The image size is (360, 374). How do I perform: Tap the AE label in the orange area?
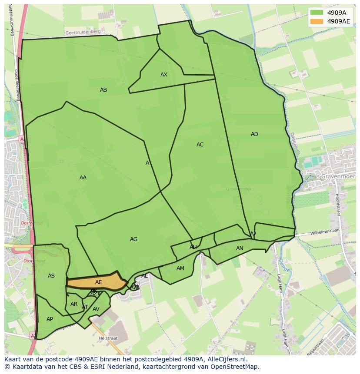[99, 282]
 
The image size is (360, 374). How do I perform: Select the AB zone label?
[103, 90]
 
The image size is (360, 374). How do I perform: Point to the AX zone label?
[164, 75]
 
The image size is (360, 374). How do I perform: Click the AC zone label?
[200, 145]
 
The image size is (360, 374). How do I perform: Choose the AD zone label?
[254, 134]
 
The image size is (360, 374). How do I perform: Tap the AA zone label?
[83, 178]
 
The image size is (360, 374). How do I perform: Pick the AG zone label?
[133, 239]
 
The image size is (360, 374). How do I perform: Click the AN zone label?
[240, 248]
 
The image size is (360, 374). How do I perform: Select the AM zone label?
[180, 268]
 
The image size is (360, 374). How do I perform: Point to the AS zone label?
[51, 276]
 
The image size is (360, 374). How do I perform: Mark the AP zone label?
[50, 319]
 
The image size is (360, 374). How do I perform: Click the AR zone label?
[74, 304]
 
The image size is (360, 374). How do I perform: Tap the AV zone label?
[96, 309]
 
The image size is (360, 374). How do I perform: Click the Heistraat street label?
[108, 338]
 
